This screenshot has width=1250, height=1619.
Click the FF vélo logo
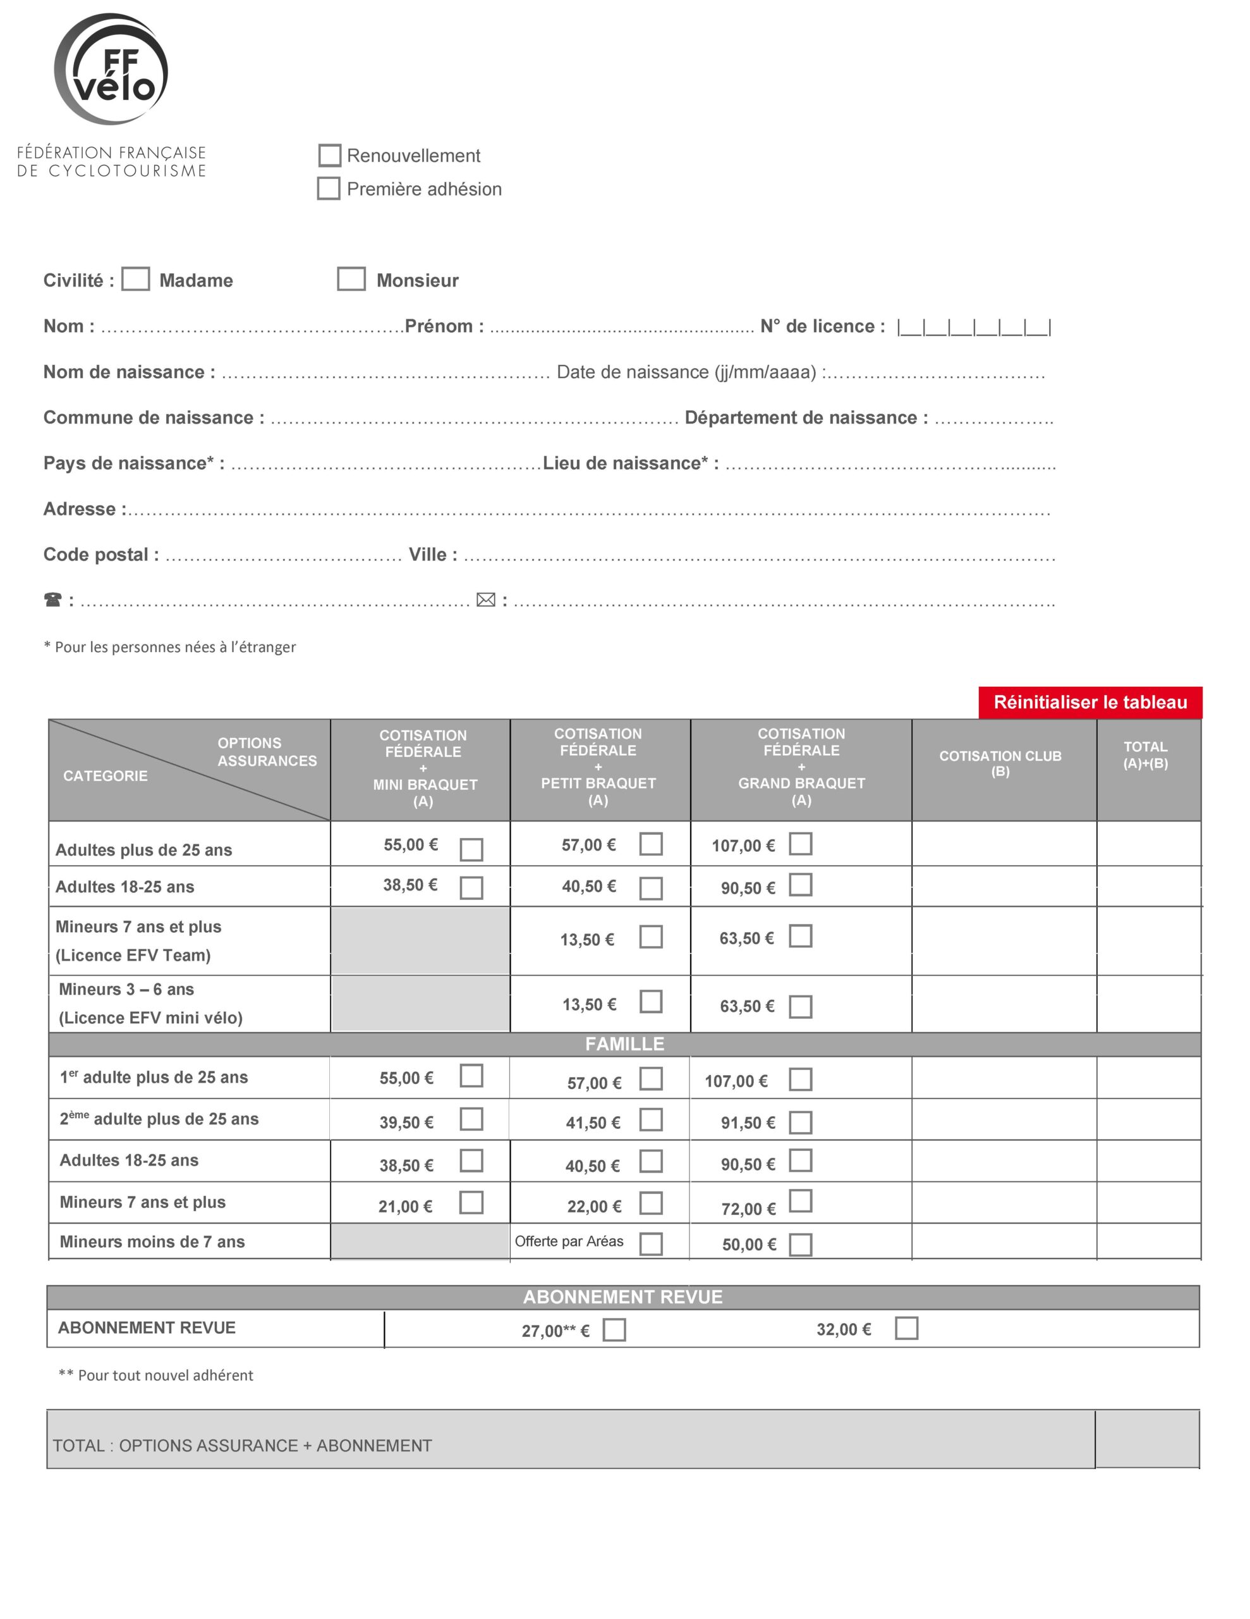click(x=111, y=70)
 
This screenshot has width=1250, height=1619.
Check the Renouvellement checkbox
click(x=329, y=156)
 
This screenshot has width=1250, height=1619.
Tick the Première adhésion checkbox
click(x=328, y=188)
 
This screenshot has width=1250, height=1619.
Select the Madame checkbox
click(x=136, y=280)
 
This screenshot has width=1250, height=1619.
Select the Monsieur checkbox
click(x=351, y=280)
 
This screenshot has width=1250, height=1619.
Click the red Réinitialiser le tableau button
click(x=1089, y=702)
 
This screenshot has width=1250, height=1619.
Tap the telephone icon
click(x=52, y=600)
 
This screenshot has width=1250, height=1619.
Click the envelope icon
click(x=485, y=600)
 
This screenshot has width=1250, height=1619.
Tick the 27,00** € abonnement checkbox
click(x=614, y=1330)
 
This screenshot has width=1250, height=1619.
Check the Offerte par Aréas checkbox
click(x=650, y=1243)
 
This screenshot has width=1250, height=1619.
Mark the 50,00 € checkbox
click(x=800, y=1245)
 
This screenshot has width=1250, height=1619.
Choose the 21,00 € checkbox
click(x=471, y=1202)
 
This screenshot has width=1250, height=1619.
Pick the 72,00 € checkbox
click(x=800, y=1201)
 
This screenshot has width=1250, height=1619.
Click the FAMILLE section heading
click(x=624, y=1043)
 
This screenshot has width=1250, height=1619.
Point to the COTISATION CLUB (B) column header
click(x=1000, y=763)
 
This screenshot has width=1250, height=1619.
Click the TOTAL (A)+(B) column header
click(x=1145, y=754)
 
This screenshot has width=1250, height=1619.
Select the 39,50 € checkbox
click(x=471, y=1119)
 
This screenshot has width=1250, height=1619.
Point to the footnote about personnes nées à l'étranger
click(x=170, y=647)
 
